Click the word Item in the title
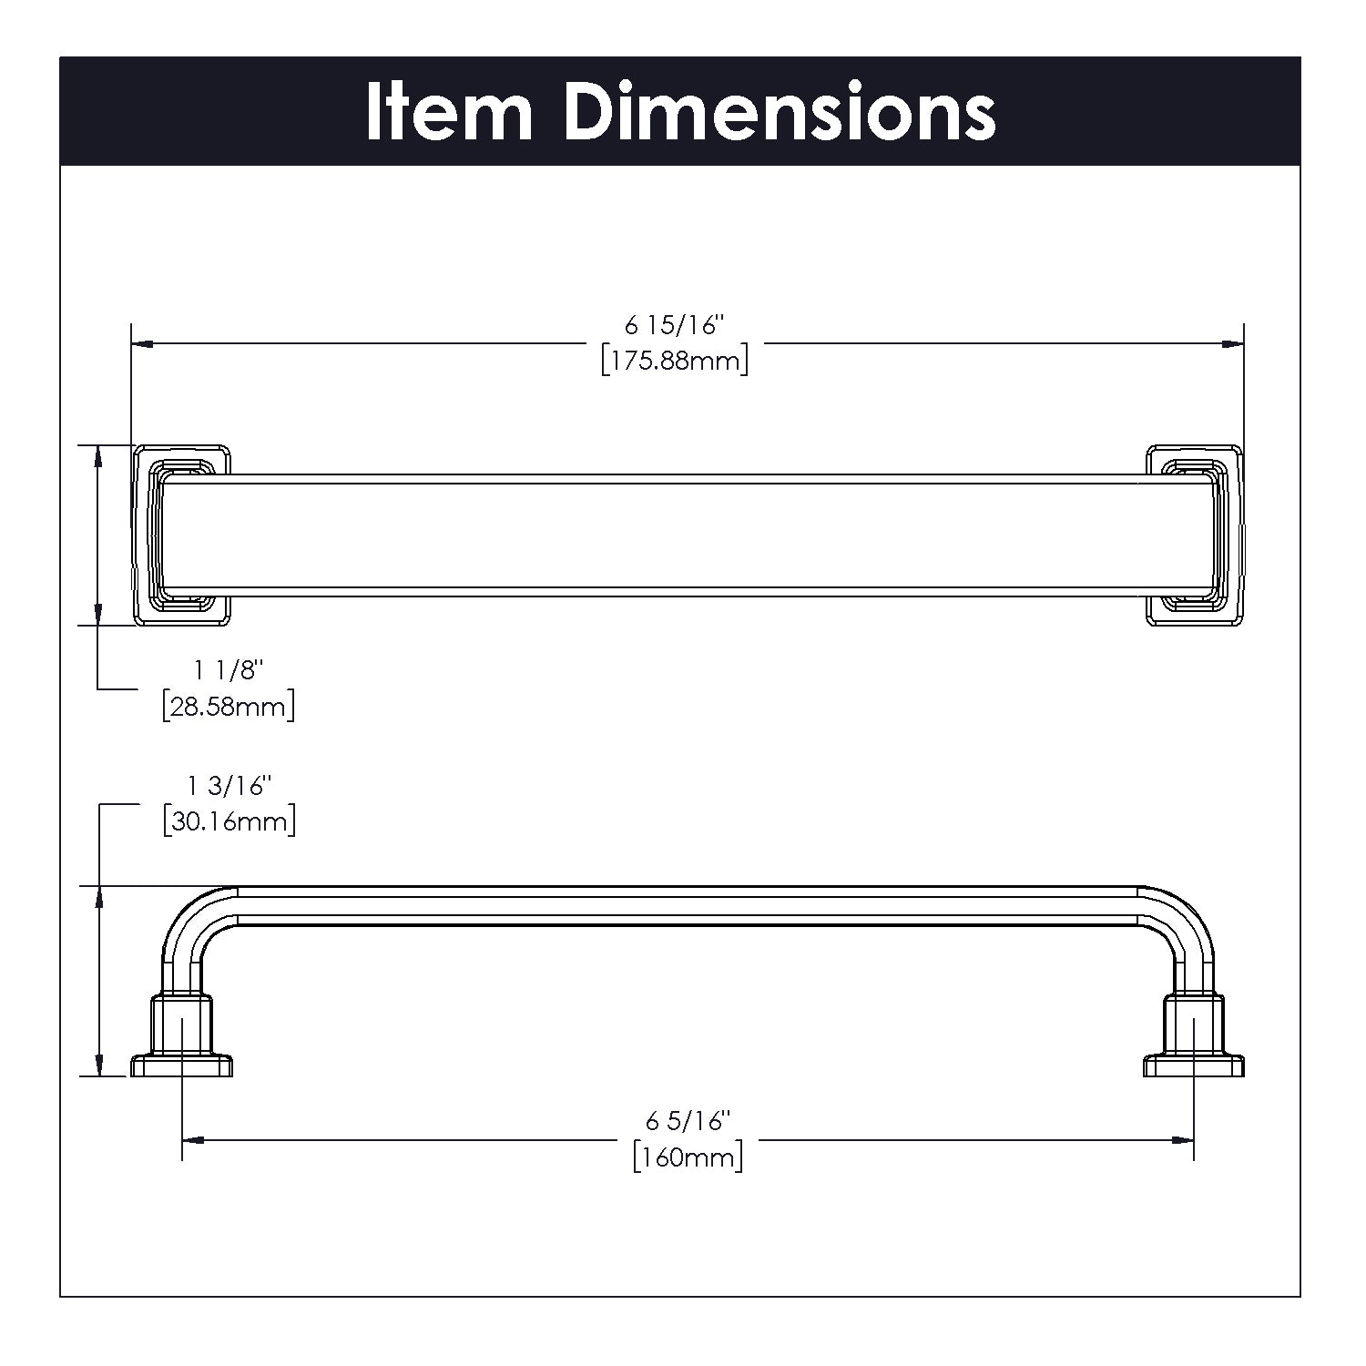449,112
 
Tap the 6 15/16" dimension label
674,325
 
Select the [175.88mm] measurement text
675,362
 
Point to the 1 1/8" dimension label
228,670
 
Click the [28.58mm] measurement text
228,707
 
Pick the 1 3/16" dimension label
229,785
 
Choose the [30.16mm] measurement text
229,821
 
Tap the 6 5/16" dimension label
689,1120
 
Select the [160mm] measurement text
688,1157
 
